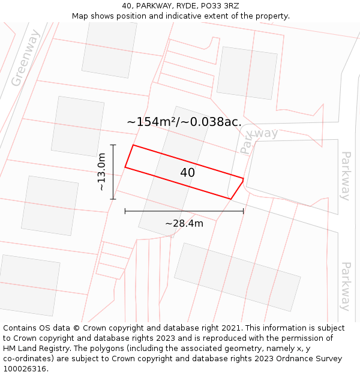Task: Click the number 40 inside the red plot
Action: coord(187,173)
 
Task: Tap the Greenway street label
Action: coord(25,58)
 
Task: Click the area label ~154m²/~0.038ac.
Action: coord(184,122)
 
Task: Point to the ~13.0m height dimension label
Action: coord(102,172)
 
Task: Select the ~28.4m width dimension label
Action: coord(184,224)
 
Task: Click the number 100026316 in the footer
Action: coord(25,369)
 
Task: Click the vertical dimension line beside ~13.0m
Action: coord(113,172)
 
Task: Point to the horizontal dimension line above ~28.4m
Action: coord(184,211)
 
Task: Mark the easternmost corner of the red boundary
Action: coord(243,179)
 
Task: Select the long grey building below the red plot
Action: coord(237,277)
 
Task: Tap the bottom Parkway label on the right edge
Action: coord(346,286)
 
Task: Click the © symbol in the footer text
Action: coord(77,328)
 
